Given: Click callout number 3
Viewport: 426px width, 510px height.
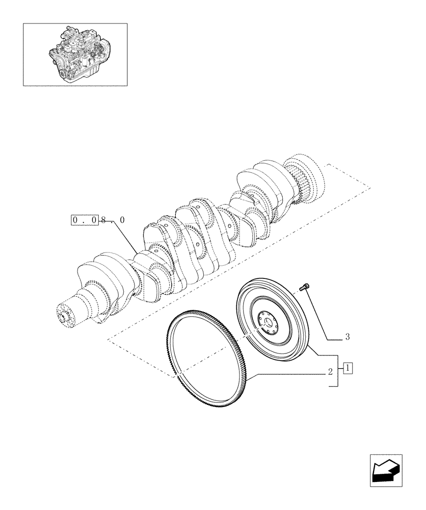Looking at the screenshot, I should [347, 337].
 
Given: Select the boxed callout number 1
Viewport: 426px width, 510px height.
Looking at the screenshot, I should [348, 367].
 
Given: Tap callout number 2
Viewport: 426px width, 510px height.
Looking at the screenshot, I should [331, 372].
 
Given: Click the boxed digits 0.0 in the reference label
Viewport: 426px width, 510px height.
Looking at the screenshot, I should [84, 220].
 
